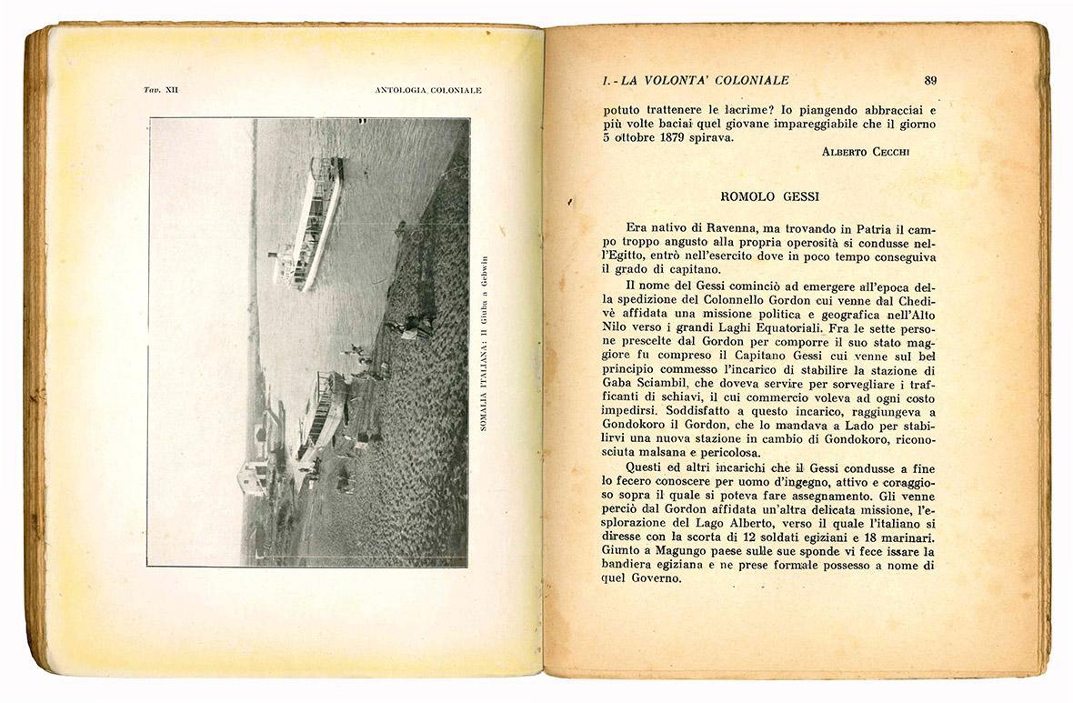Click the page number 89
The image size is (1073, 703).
(x=929, y=80)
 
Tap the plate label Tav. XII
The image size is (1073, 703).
(x=161, y=90)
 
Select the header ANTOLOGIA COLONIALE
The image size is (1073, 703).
(x=427, y=90)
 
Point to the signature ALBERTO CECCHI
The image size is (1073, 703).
(x=865, y=152)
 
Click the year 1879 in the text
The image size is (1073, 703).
(x=684, y=137)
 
